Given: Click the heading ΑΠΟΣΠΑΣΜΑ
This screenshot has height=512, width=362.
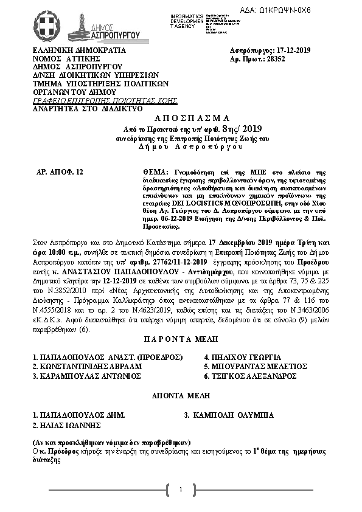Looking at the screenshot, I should [x=181, y=118].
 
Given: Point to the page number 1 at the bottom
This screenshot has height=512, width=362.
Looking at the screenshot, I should [x=181, y=490].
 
